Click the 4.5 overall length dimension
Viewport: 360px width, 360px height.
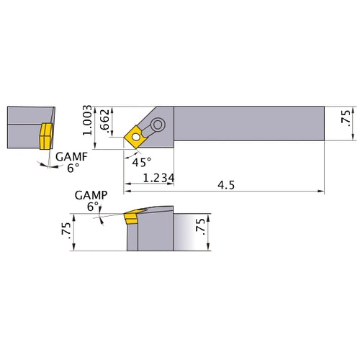coord(226,186)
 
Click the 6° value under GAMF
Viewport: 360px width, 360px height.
coord(73,169)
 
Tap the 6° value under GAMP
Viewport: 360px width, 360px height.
coord(91,206)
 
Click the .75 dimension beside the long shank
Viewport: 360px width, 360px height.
coord(346,119)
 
